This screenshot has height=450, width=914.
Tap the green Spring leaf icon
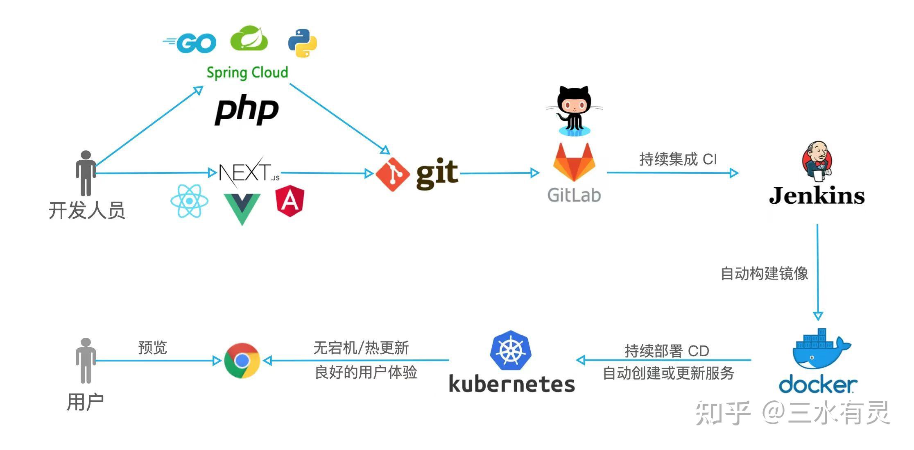pyautogui.click(x=249, y=39)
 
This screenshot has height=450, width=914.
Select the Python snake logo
pyautogui.click(x=303, y=43)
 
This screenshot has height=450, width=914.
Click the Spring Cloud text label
pyautogui.click(x=247, y=73)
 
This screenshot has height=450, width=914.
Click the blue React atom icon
pyautogui.click(x=189, y=201)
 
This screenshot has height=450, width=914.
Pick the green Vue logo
pyautogui.click(x=242, y=207)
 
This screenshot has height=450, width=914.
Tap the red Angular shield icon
pyautogui.click(x=290, y=200)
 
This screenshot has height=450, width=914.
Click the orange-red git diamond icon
pyautogui.click(x=392, y=174)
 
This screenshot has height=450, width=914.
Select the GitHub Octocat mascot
pyautogui.click(x=574, y=110)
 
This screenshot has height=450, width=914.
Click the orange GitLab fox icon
pyautogui.click(x=574, y=163)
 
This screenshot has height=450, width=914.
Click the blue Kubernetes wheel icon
pyautogui.click(x=511, y=351)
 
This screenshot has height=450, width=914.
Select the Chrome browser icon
pyautogui.click(x=242, y=361)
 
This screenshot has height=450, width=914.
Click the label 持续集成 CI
pyautogui.click(x=678, y=159)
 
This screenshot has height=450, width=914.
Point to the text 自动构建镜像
pyautogui.click(x=764, y=273)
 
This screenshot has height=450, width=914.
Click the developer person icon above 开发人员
pyautogui.click(x=86, y=173)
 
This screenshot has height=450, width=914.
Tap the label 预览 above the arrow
pyautogui.click(x=152, y=348)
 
